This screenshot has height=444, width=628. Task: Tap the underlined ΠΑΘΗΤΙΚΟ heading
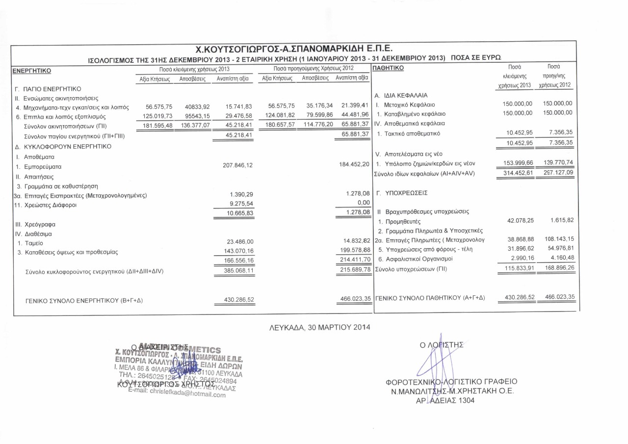click(389, 68)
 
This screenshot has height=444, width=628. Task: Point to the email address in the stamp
click(177, 394)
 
